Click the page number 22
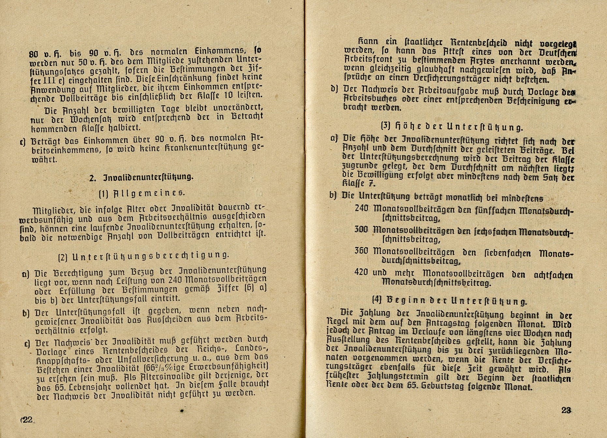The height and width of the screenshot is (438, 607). pyautogui.click(x=27, y=420)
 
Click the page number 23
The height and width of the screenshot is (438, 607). pyautogui.click(x=566, y=410)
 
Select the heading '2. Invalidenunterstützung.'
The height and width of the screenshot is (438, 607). pyautogui.click(x=141, y=177)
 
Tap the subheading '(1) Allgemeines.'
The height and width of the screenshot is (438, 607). pyautogui.click(x=142, y=193)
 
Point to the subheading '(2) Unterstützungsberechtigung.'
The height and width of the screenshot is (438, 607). pyautogui.click(x=143, y=256)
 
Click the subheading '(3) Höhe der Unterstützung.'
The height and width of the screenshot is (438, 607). pyautogui.click(x=452, y=126)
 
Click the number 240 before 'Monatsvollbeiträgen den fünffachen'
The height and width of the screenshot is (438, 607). pyautogui.click(x=362, y=208)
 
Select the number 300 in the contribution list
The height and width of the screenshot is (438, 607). pyautogui.click(x=361, y=229)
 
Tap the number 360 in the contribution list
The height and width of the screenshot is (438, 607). pyautogui.click(x=362, y=251)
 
